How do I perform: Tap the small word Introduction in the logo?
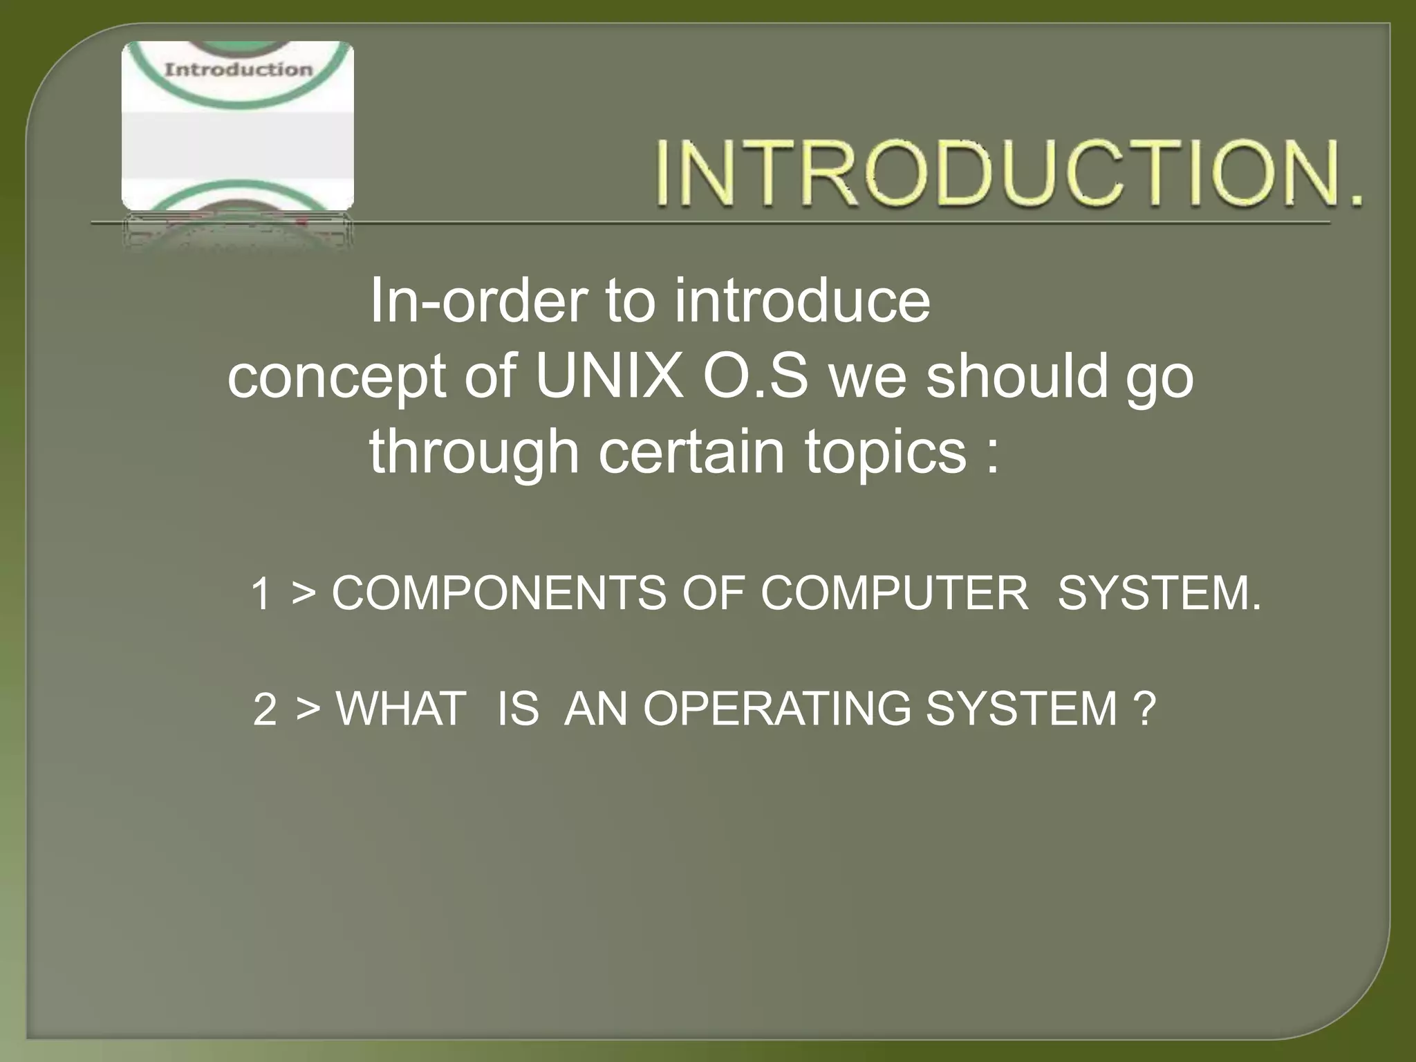[x=238, y=69]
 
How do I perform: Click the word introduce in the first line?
[x=802, y=301]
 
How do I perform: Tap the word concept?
[x=336, y=379]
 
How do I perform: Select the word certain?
[x=691, y=451]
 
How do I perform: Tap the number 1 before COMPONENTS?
[x=261, y=594]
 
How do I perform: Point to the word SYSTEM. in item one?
[x=1159, y=593]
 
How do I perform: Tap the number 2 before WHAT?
[x=265, y=709]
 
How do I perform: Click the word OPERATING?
[x=777, y=709]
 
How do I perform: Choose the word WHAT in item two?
[x=400, y=709]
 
